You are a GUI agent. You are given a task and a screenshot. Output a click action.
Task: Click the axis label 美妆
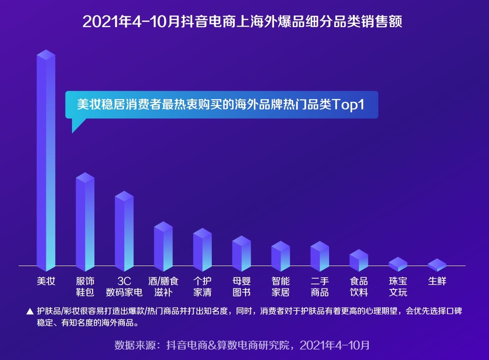46,281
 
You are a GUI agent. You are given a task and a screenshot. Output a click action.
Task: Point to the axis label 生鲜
437,281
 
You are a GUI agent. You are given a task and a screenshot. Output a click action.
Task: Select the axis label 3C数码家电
124,287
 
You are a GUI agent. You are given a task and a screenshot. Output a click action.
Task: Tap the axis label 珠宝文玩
398,287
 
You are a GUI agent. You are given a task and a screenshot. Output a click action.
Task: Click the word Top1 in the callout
348,104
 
